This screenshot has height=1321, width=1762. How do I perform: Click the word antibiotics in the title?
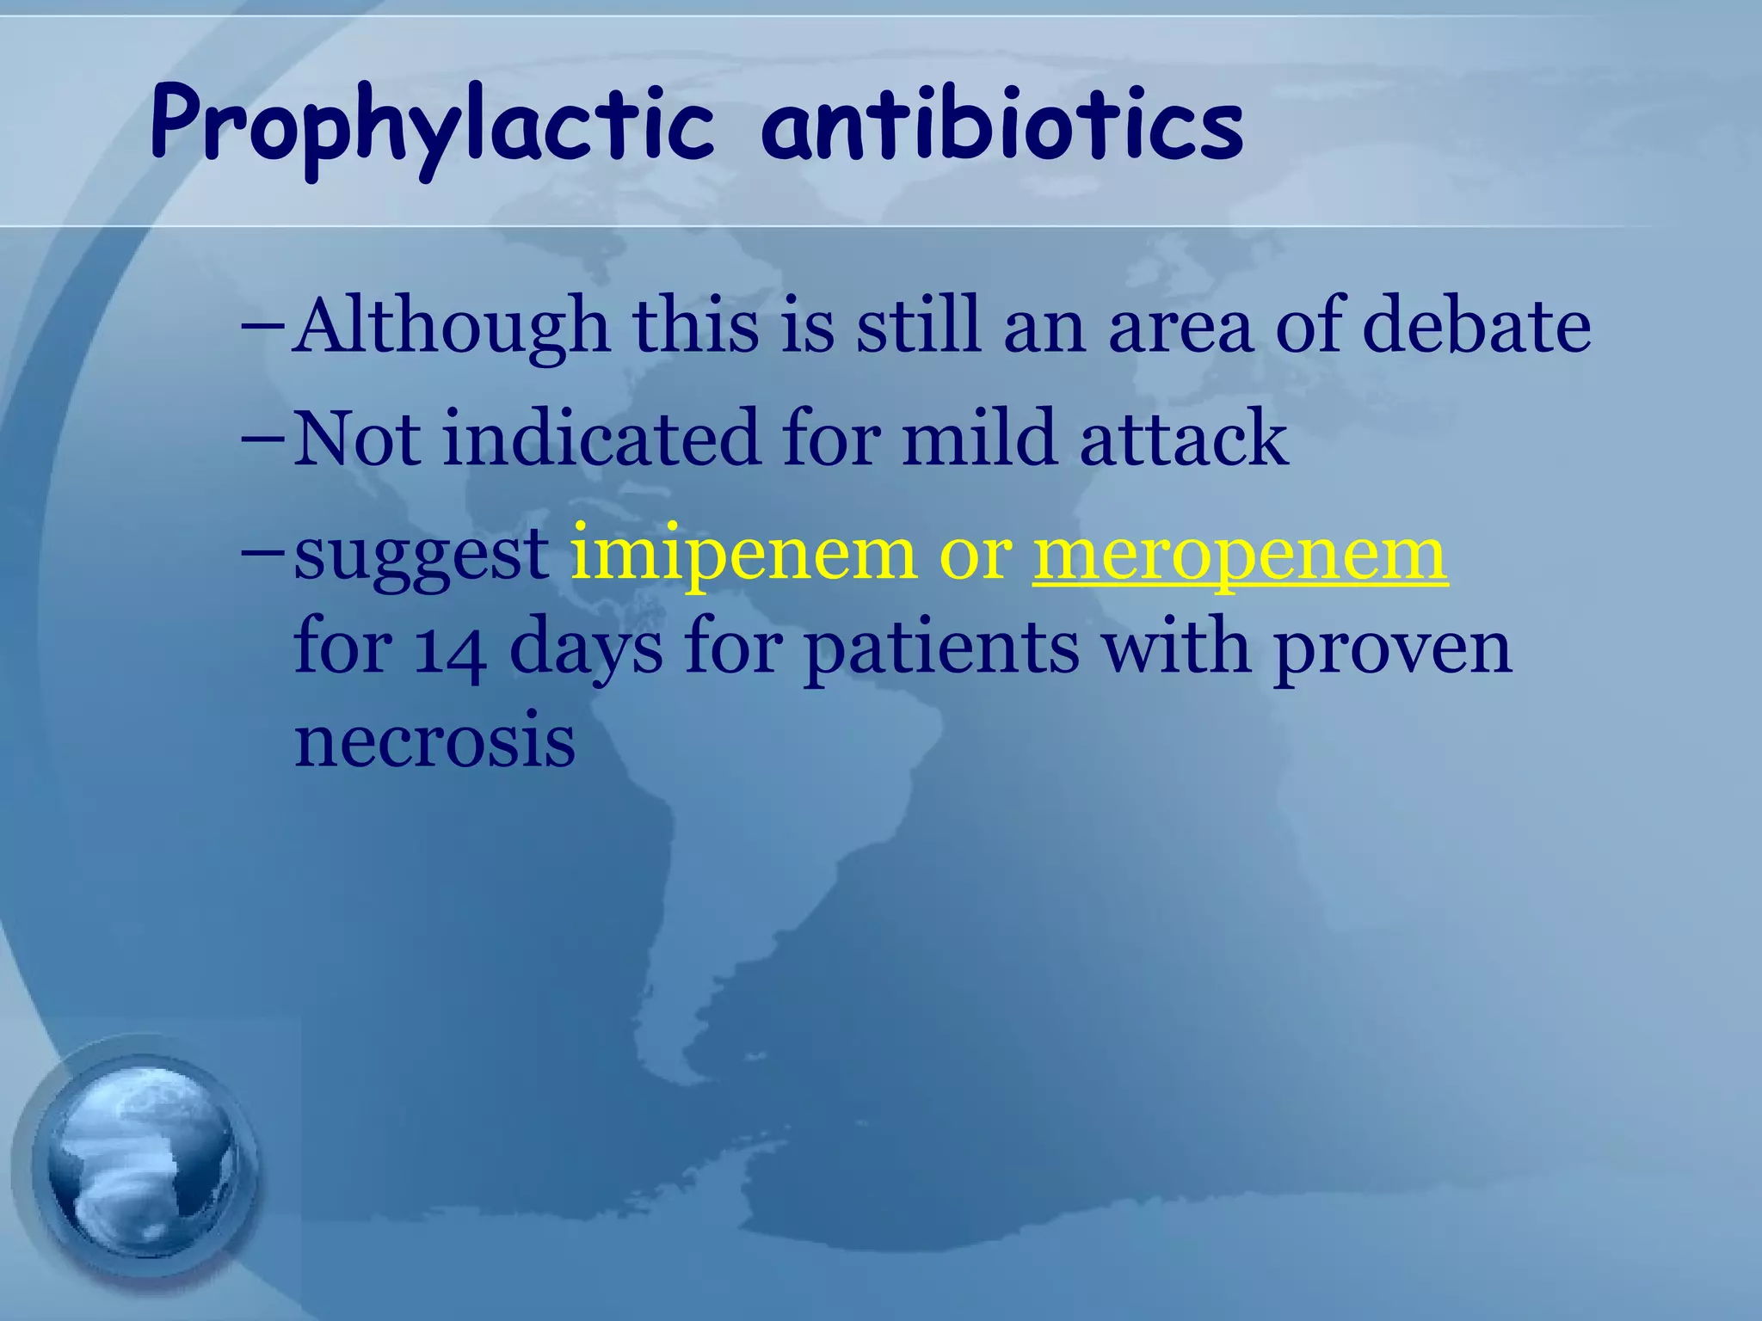[1002, 125]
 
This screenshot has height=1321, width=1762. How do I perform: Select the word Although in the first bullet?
[452, 327]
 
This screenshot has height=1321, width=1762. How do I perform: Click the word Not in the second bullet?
[356, 439]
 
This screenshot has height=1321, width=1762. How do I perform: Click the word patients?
[941, 649]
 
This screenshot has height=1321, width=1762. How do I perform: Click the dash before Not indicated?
[264, 438]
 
